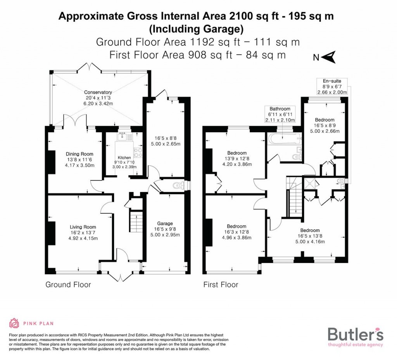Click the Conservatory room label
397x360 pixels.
pos(98,92)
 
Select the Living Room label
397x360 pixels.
pos(83,227)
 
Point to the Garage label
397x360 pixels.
pos(165,223)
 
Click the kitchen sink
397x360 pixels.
pos(123,135)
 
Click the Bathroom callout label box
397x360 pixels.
pos(280,114)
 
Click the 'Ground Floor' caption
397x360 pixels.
pos(68,285)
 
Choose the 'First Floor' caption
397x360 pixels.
pos(221,285)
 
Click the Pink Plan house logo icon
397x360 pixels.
pos(14,323)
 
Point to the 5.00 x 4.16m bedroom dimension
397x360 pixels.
pos(311,241)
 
